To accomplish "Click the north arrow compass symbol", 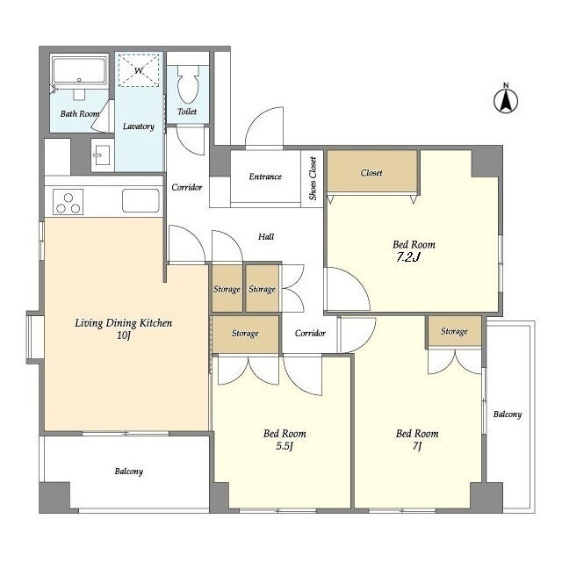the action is (x=506, y=100).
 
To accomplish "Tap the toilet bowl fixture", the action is (x=188, y=84).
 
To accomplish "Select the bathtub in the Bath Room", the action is (x=79, y=71).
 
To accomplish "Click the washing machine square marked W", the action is (x=139, y=70).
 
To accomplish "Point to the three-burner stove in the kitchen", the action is (x=68, y=202).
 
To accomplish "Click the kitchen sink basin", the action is (x=140, y=201).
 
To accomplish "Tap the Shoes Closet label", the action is (x=313, y=178).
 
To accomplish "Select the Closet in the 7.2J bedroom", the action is (x=372, y=172).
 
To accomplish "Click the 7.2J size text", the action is (x=407, y=257).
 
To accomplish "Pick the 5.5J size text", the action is (x=285, y=446).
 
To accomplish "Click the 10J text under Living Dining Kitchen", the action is (x=123, y=335).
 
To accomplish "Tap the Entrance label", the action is (x=265, y=177).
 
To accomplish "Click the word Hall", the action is (x=266, y=236).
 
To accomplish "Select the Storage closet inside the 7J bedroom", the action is (x=454, y=331).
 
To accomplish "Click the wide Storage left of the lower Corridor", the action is (x=245, y=334).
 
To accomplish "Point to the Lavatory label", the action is (x=139, y=126).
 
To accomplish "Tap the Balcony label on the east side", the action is (x=508, y=414).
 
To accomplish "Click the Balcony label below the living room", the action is (x=129, y=471).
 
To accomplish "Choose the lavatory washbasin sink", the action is (x=102, y=155).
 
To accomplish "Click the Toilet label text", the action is (x=187, y=112).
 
